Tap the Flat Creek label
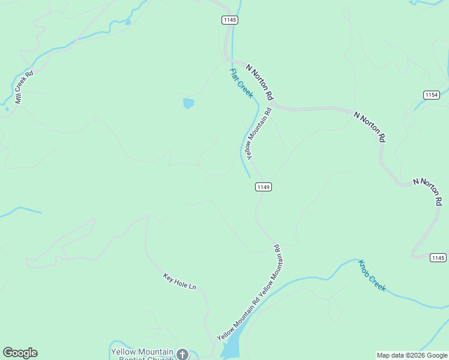click(x=241, y=83)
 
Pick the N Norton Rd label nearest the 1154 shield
click(x=369, y=127)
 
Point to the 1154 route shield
click(x=431, y=95)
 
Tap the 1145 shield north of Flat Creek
click(x=229, y=20)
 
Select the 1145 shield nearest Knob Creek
click(x=438, y=257)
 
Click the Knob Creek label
click(x=372, y=275)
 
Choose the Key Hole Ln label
click(x=179, y=281)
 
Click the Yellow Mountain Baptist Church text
click(x=142, y=354)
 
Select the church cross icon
click(x=182, y=354)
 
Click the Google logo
click(x=20, y=353)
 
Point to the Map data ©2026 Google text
click(x=412, y=355)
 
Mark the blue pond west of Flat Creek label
click(x=188, y=103)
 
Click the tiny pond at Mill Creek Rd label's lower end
click(x=7, y=109)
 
